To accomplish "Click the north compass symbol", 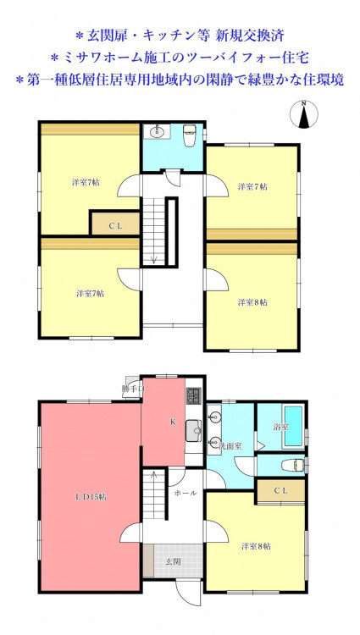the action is point(304,114).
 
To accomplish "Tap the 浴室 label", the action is point(280,427).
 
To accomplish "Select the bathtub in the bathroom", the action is point(294,427).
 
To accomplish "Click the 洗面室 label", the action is point(230,447).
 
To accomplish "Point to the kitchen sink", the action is point(194,431).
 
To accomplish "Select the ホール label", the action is point(186,493).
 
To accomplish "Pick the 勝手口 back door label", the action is point(132,389).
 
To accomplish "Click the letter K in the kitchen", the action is point(173,422).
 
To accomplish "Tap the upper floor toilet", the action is point(190,135).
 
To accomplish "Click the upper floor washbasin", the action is point(156,131).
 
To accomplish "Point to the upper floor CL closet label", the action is point(115,226).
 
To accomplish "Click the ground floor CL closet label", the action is point(280,491).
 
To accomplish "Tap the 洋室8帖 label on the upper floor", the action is point(252,302).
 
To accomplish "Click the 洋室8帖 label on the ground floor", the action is point(257,546).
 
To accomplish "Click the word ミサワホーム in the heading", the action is point(90,58).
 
